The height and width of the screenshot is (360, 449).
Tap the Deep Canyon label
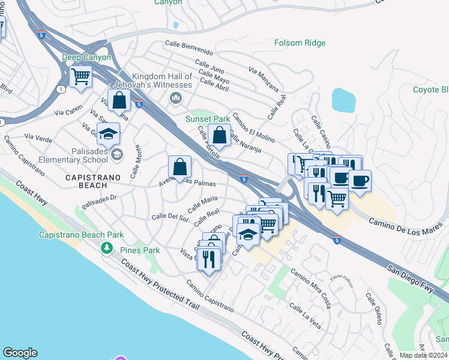coord(86,57)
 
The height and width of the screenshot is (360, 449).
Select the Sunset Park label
coord(208,119)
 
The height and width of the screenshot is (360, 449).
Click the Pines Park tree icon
coord(107,247)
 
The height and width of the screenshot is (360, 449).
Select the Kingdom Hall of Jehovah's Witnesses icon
coord(176,98)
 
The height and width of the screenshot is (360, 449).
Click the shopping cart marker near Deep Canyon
coord(80,77)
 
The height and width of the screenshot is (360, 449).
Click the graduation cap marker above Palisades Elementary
coord(109,135)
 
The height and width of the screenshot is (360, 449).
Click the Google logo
coord(20,353)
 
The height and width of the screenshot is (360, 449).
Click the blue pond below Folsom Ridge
coord(343,100)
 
